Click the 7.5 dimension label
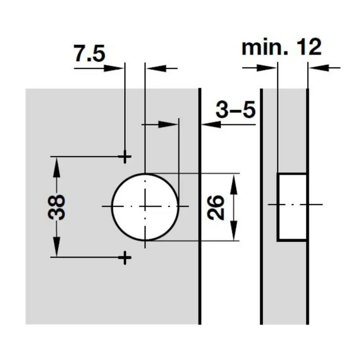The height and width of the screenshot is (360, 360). point(89,53)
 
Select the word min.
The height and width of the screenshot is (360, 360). point(265,47)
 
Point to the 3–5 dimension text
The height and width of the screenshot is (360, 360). point(236,109)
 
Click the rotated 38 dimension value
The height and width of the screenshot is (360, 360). point(56,207)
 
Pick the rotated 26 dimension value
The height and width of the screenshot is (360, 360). point(215,207)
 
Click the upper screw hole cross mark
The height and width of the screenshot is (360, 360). point(124,157)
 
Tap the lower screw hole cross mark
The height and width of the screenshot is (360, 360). point(124,258)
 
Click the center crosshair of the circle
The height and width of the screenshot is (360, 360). point(145,206)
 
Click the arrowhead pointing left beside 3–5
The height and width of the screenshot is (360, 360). point(211,124)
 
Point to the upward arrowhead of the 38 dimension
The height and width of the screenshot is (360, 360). point(56,167)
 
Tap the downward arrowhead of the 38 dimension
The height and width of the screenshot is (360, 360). point(56,247)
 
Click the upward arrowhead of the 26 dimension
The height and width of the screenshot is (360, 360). point(233,184)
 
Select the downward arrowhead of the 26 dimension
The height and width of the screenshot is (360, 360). point(233,230)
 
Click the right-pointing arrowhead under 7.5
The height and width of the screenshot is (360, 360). point(114,68)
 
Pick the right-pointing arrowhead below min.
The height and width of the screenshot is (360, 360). point(266,68)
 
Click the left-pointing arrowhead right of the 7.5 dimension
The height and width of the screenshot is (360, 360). point(156,68)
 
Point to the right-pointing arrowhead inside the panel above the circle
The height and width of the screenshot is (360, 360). point(168,124)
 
